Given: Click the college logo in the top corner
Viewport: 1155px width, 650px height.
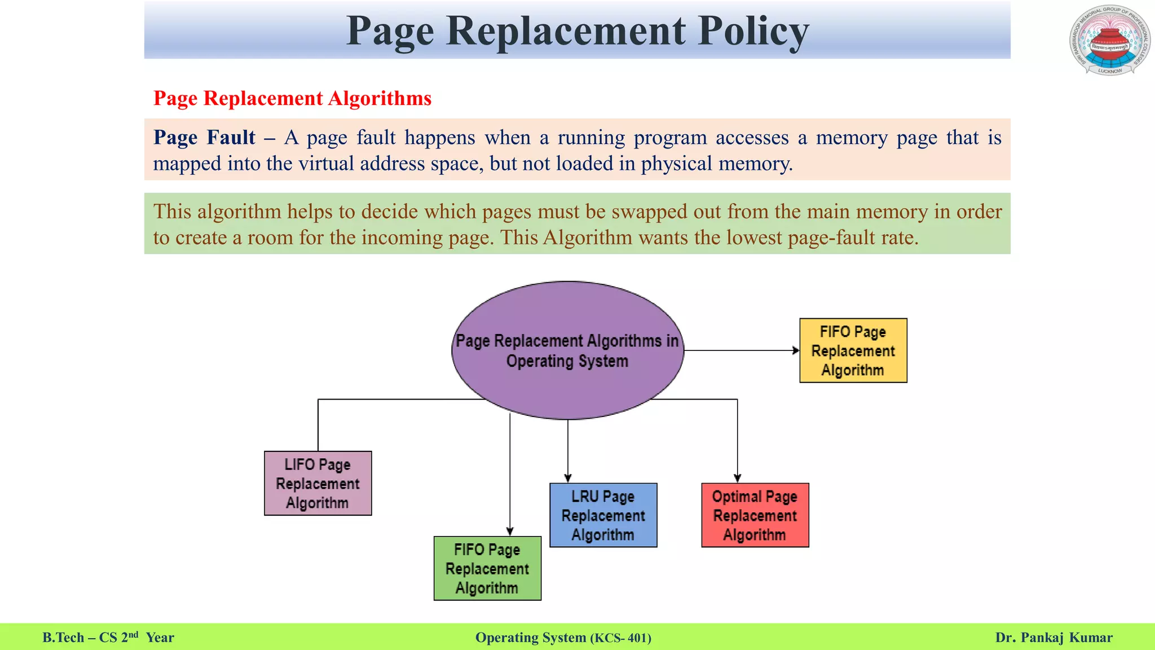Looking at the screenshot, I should click(1109, 41).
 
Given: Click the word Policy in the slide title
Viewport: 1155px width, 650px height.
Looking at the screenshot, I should click(753, 31).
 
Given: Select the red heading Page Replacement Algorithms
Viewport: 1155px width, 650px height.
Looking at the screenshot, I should click(292, 98).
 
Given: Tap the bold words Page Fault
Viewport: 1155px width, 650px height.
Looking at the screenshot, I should click(204, 138).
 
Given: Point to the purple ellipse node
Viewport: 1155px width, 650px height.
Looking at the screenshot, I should click(567, 350).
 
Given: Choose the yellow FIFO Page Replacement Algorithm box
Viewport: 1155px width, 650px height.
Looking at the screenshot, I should click(853, 350).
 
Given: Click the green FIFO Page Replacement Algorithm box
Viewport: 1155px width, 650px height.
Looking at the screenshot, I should click(487, 568).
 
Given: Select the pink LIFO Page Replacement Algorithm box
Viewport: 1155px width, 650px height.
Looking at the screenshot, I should click(318, 483).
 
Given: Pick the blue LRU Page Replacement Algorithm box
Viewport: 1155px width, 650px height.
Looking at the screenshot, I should click(603, 515).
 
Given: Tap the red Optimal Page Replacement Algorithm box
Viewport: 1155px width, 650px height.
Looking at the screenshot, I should click(755, 515).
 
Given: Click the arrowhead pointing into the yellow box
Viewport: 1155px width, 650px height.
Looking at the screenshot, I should click(796, 350).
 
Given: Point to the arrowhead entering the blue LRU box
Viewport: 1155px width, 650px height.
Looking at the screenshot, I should click(568, 478).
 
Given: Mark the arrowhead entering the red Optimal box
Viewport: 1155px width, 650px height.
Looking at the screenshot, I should click(737, 478).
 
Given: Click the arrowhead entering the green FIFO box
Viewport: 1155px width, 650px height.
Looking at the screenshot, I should click(510, 532).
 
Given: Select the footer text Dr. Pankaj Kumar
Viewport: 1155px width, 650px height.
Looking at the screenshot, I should click(1053, 638).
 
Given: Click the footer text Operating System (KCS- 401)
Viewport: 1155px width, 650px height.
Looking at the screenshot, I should click(563, 638).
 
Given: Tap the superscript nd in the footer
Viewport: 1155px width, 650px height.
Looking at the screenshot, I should click(133, 634).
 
